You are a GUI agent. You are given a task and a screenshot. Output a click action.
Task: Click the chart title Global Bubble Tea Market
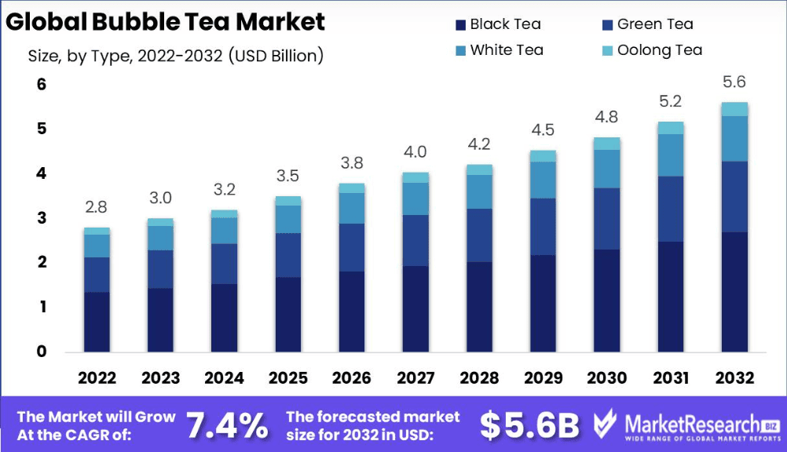click(165, 21)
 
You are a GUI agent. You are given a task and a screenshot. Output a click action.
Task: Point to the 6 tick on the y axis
click(42, 84)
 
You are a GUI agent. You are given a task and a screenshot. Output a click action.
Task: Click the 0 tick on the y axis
click(42, 352)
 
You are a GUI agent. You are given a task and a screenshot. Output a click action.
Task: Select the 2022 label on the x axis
click(97, 378)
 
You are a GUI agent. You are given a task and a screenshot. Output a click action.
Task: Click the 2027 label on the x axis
click(415, 378)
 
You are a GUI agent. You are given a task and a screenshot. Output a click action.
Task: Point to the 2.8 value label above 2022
click(97, 208)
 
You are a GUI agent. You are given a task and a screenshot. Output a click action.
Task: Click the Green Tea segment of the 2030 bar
click(606, 219)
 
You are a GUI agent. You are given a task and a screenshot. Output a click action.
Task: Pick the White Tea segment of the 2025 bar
click(288, 219)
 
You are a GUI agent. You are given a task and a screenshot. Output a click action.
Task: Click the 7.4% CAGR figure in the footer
click(227, 426)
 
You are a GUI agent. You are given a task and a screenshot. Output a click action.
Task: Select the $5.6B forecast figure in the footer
click(529, 426)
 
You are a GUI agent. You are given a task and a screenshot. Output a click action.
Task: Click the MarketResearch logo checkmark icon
click(605, 425)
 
